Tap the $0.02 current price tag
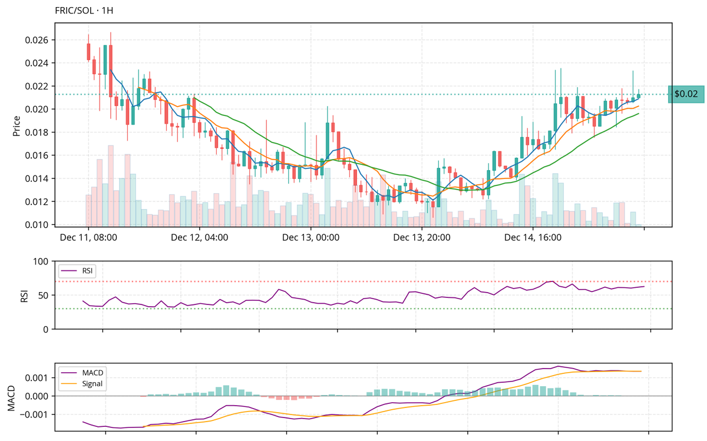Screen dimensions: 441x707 point(686,94)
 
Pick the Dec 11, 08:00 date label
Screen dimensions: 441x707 point(88,238)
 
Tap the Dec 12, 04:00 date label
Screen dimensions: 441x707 point(199,238)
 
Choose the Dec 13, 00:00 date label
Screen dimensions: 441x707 point(310,238)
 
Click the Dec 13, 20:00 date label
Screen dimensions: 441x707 point(422,238)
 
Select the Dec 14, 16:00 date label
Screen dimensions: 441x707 point(533,238)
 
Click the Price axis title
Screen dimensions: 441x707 point(16,125)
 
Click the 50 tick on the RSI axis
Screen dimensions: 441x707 point(42,295)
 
